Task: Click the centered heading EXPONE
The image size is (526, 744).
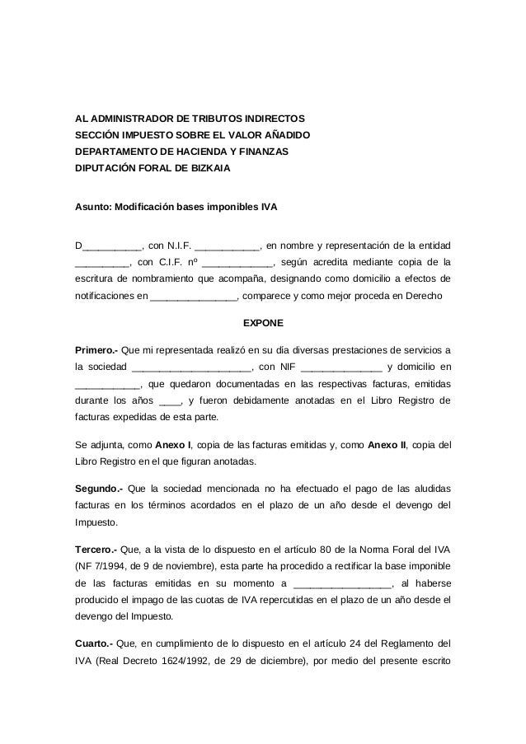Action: coord(262,324)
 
